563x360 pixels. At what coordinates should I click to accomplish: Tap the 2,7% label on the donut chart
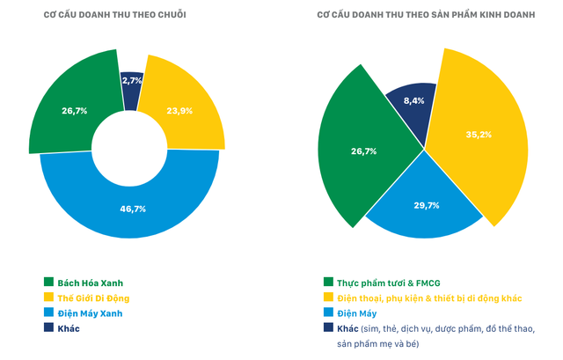pos(132,80)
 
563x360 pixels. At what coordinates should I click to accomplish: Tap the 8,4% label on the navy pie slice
pos(413,100)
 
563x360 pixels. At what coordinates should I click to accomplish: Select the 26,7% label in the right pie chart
pos(363,151)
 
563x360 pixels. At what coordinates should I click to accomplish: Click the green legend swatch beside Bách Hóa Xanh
pos(49,283)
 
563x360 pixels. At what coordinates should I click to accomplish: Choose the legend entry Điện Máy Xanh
pos(90,312)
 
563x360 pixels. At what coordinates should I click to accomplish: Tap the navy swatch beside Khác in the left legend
pos(49,327)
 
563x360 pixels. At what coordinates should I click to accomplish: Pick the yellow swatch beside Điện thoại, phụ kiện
pos(328,298)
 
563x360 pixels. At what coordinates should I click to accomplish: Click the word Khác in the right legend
pos(348,327)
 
